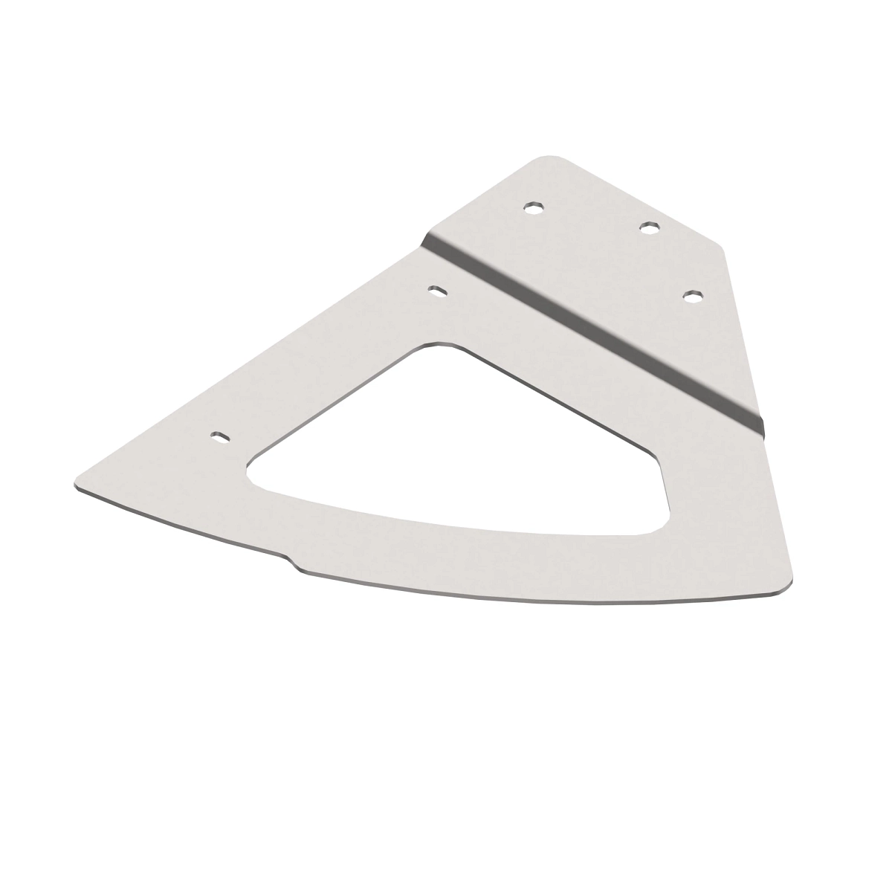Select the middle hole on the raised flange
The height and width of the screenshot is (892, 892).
(x=650, y=227)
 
